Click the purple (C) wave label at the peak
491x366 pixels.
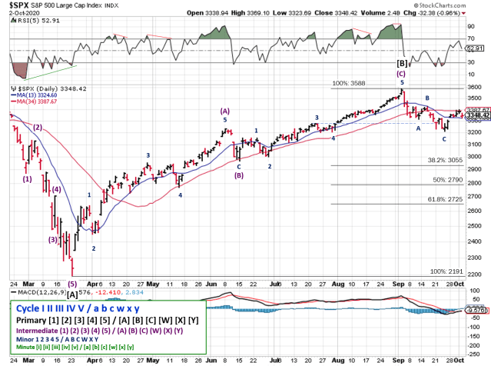click(401, 74)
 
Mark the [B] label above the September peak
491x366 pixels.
click(401, 62)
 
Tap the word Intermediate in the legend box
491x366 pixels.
click(38, 331)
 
